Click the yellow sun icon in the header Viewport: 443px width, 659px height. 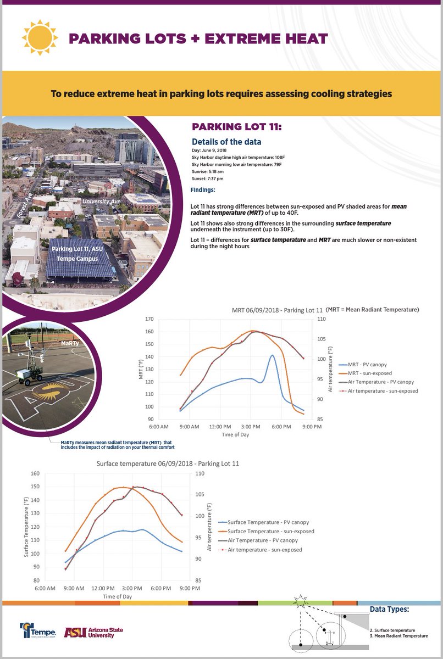coord(39,37)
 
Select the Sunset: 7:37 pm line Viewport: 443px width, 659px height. coord(207,179)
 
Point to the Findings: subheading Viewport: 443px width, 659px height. coord(203,191)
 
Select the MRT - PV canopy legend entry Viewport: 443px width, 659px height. coord(372,364)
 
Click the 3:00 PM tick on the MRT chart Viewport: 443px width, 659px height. coord(251,427)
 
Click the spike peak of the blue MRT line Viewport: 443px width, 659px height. coord(272,355)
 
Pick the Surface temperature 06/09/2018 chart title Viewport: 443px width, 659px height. coord(168,463)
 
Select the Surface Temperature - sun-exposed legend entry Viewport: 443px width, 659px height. coord(265,531)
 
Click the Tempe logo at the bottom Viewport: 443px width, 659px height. coord(38,631)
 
